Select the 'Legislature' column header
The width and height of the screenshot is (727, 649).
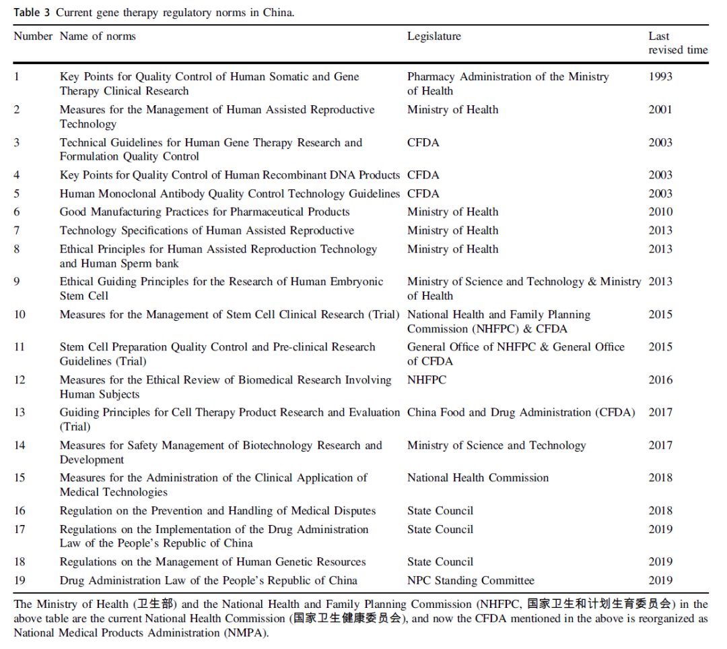(434, 36)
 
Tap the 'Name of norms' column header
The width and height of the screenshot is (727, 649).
(98, 36)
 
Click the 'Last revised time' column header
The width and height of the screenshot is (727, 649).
(677, 43)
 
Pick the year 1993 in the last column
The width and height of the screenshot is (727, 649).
(660, 77)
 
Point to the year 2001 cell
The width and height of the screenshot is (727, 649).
(660, 110)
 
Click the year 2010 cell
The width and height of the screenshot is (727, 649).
(660, 212)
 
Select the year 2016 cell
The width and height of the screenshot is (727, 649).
(660, 380)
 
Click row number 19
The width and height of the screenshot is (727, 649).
(20, 580)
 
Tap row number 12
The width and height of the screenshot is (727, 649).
(20, 380)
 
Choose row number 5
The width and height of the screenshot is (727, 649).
(17, 194)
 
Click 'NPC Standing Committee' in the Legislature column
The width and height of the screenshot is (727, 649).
(471, 580)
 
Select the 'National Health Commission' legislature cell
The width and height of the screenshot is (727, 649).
(477, 478)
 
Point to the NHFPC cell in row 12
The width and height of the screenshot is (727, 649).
(427, 380)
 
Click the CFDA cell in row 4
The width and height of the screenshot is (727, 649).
(423, 175)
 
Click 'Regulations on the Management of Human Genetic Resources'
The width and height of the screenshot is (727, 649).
(213, 562)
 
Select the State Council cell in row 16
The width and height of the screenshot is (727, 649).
(440, 511)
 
